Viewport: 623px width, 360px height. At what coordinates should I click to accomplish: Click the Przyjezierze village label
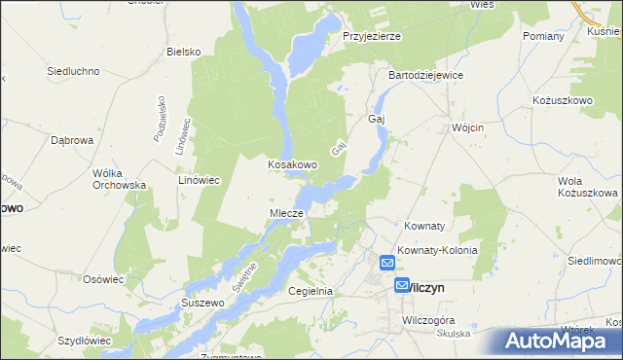[372, 36]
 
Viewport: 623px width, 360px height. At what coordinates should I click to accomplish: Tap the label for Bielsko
[183, 52]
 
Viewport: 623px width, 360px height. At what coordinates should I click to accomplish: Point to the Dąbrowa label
[71, 140]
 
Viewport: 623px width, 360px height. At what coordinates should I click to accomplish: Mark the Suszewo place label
[203, 304]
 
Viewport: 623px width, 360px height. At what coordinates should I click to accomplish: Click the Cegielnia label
[311, 291]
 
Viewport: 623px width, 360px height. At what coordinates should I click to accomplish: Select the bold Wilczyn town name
[429, 287]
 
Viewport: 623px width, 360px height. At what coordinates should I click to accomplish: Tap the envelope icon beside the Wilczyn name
[403, 286]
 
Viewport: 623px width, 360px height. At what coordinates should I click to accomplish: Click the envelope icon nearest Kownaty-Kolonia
[386, 262]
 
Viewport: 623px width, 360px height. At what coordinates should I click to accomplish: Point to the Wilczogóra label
[429, 319]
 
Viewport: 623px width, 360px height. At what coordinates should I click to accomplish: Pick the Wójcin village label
[468, 127]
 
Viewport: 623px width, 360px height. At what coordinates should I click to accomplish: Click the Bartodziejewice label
[425, 75]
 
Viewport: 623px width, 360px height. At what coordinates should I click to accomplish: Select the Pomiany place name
[543, 36]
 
